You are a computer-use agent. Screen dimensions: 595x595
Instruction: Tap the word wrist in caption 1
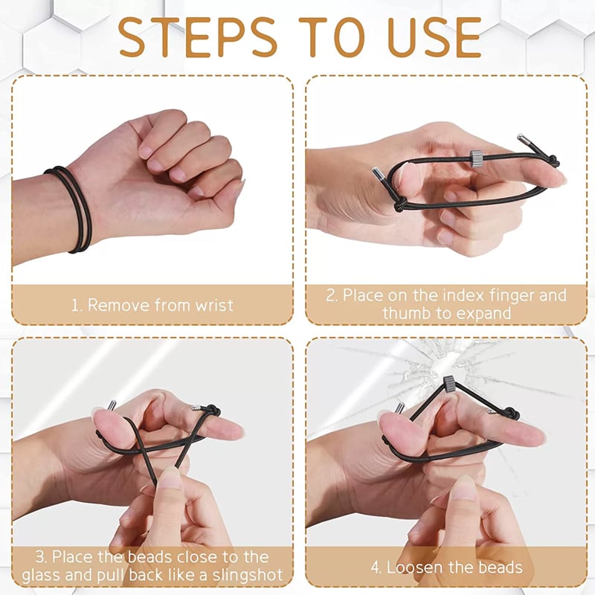pyautogui.click(x=214, y=306)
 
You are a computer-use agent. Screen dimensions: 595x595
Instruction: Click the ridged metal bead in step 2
pyautogui.click(x=475, y=158)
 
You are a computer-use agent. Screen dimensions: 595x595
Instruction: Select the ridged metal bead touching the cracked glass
pyautogui.click(x=449, y=384)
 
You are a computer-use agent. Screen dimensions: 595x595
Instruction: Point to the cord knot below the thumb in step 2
pyautogui.click(x=401, y=205)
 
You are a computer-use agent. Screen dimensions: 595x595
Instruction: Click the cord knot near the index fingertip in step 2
pyautogui.click(x=553, y=161)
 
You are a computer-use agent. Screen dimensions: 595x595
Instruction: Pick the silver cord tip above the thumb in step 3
pyautogui.click(x=112, y=405)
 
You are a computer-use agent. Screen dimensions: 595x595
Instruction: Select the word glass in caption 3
pyautogui.click(x=42, y=576)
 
